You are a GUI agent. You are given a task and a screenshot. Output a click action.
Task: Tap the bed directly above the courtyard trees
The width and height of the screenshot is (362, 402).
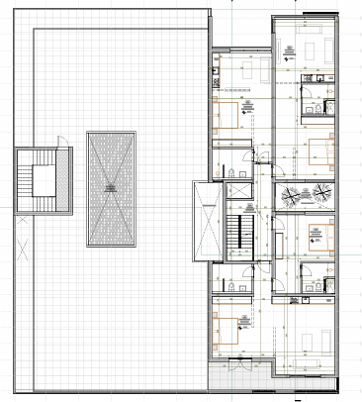coord(318,152)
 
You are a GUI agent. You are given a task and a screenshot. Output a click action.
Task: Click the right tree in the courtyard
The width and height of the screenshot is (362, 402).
coord(322,193)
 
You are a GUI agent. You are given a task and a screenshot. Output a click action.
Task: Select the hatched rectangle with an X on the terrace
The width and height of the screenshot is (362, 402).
coord(108,188)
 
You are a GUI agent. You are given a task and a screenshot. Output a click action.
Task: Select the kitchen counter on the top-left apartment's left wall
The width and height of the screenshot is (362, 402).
coord(216,74)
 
